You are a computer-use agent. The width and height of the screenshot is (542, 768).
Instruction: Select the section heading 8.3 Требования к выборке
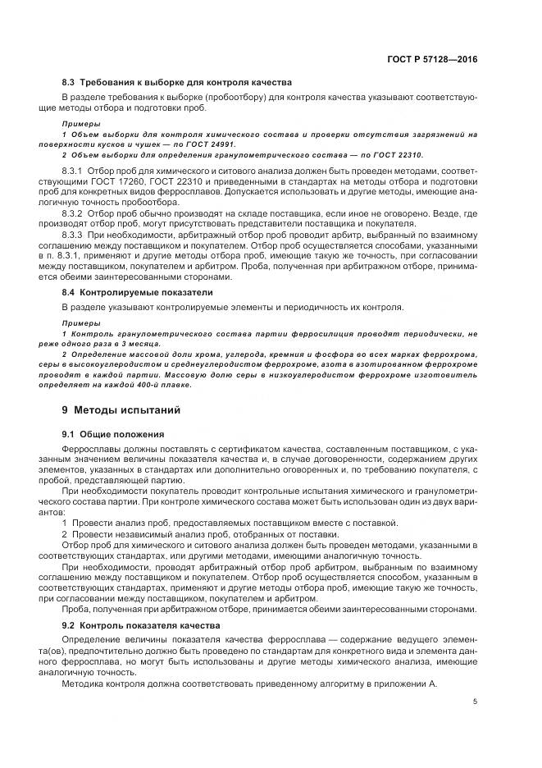click(176, 82)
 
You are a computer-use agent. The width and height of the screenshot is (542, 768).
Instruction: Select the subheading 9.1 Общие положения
click(114, 433)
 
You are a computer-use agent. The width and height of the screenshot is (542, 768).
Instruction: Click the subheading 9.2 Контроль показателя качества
click(141, 624)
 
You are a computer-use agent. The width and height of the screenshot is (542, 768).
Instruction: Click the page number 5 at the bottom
click(475, 702)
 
